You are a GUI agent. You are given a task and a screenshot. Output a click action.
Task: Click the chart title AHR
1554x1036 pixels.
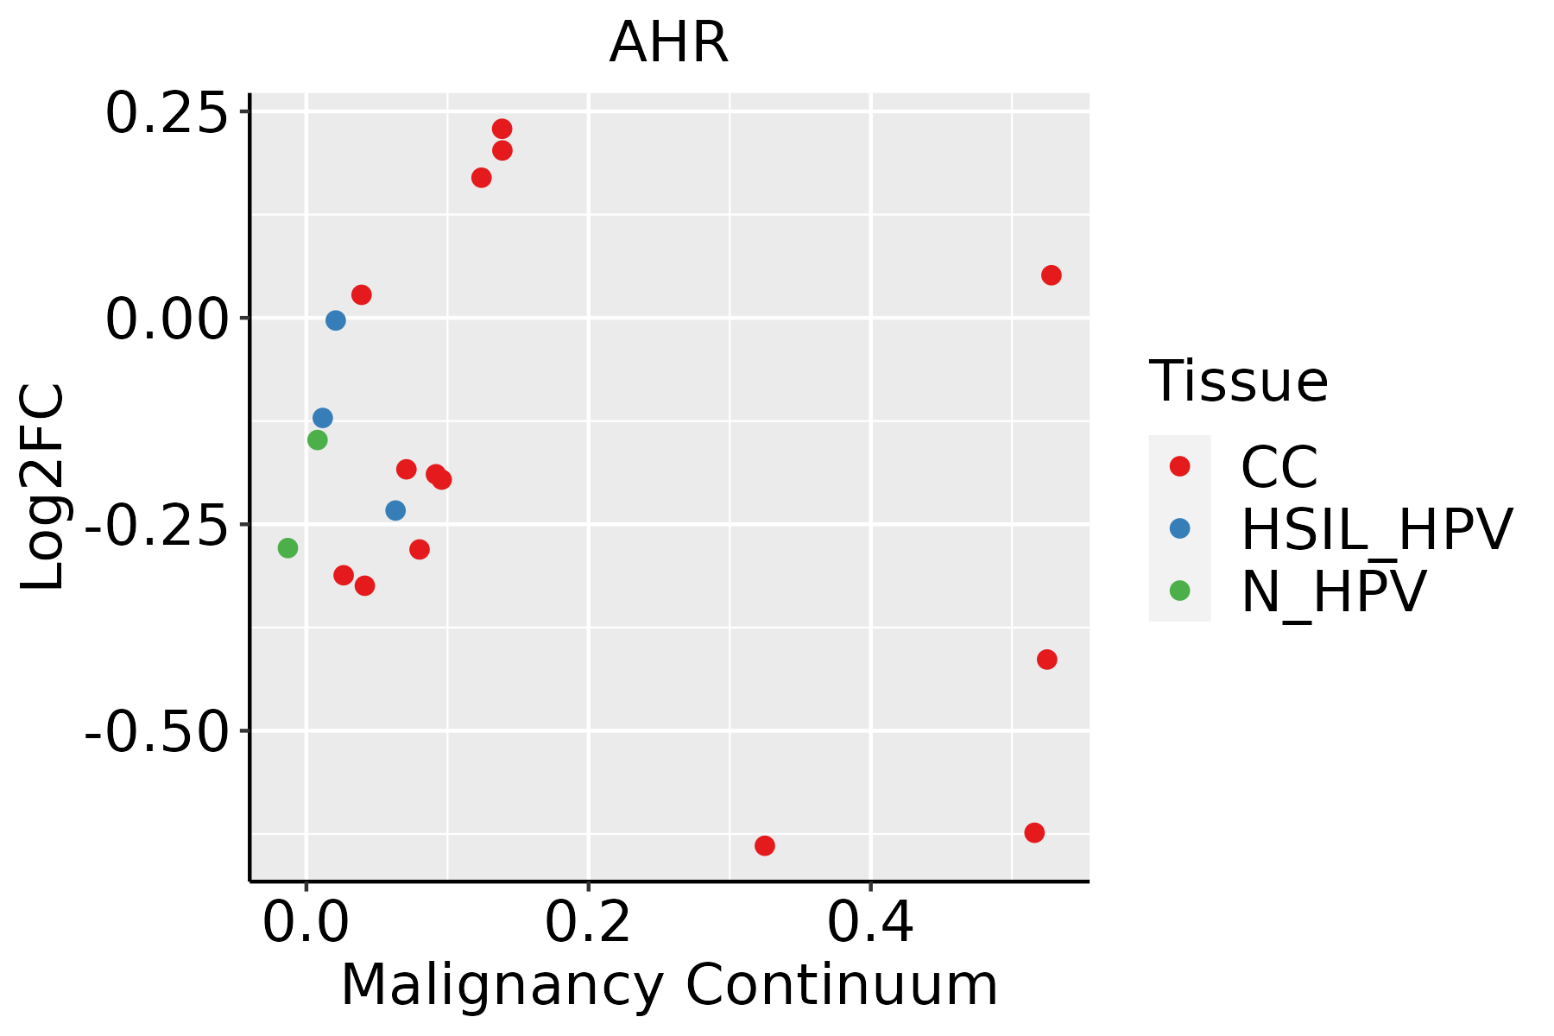tap(669, 43)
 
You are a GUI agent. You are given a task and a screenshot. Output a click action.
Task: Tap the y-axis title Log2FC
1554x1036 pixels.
tap(43, 488)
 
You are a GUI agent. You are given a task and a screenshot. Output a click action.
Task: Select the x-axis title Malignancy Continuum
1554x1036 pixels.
tap(669, 986)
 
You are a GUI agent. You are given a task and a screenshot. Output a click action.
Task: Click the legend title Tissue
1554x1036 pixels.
tap(1238, 381)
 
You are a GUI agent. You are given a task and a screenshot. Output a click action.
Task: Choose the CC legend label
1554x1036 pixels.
tap(1279, 467)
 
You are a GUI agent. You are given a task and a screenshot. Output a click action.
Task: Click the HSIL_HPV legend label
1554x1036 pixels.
tap(1376, 529)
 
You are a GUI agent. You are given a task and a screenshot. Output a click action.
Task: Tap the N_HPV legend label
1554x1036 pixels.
tap(1334, 591)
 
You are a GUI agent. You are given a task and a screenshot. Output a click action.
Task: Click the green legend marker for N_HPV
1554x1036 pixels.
tap(1179, 591)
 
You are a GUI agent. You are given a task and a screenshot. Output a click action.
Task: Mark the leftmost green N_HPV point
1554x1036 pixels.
tap(287, 548)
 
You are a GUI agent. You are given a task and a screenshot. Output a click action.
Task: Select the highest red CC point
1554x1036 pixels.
tap(502, 129)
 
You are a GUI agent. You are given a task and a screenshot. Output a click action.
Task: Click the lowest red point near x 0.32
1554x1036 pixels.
tap(764, 845)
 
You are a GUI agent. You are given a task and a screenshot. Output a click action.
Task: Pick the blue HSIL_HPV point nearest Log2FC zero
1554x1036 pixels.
tap(336, 320)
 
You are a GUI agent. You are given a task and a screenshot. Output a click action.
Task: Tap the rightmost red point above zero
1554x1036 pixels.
tap(1051, 275)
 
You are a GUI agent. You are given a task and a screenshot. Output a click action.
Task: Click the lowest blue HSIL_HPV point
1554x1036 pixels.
tap(395, 510)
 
